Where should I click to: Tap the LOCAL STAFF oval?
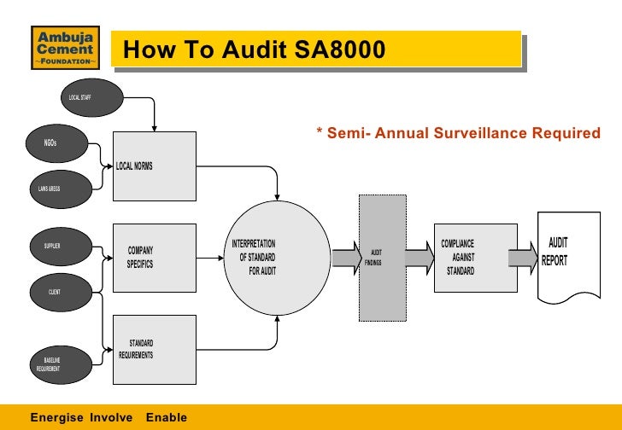(86, 99)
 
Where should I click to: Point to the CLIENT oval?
(56, 292)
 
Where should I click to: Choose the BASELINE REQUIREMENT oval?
(52, 364)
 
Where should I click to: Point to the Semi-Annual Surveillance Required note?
(458, 133)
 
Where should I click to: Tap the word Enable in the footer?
(166, 417)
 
